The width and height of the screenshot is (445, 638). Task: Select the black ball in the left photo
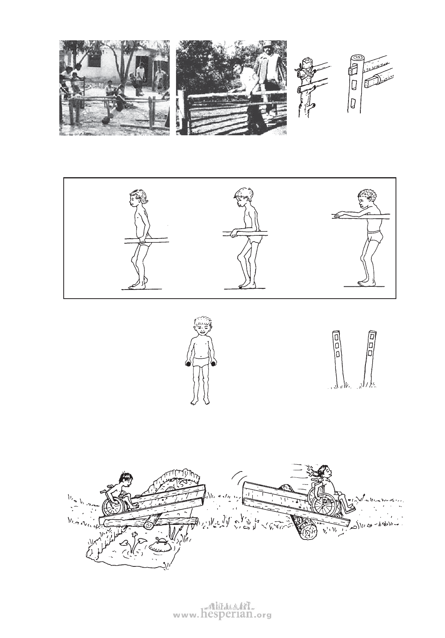(x=106, y=120)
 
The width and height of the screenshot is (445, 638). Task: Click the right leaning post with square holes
(x=369, y=357)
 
